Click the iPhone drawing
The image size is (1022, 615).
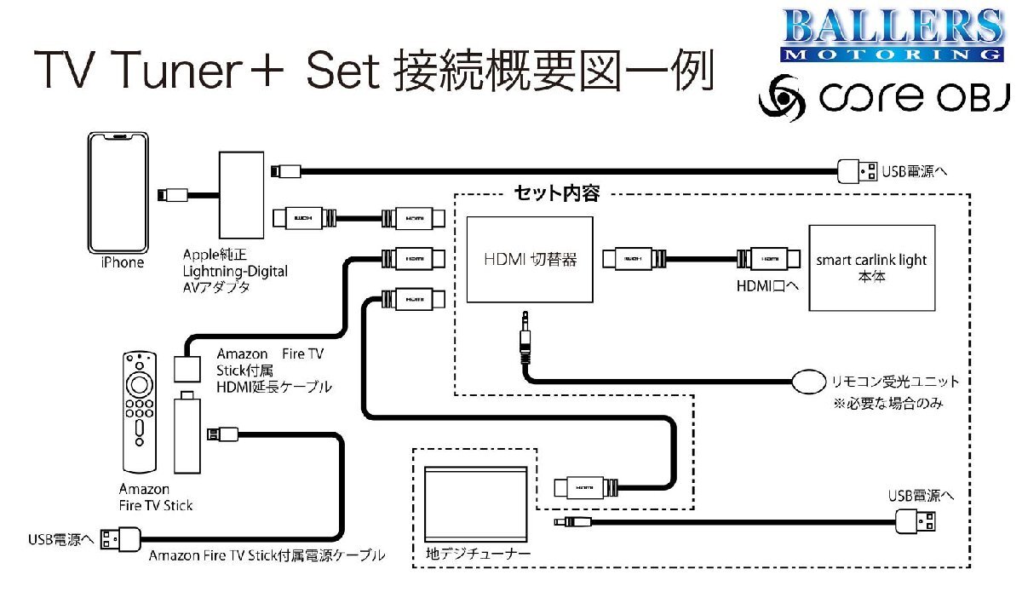point(119,193)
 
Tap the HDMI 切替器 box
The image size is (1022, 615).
point(529,259)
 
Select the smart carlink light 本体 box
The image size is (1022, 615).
point(871,267)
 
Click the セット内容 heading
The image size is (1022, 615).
point(556,193)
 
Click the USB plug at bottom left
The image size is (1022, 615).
point(120,538)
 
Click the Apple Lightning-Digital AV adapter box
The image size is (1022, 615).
point(243,197)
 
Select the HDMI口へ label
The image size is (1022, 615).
point(766,286)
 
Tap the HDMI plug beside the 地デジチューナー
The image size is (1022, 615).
point(582,487)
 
